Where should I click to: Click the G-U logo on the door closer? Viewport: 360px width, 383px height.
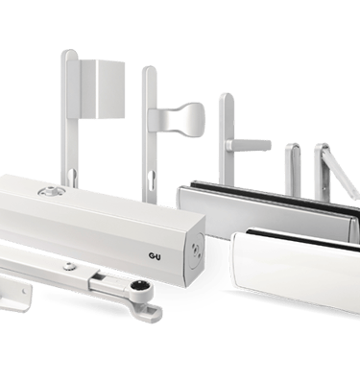pos(155,256)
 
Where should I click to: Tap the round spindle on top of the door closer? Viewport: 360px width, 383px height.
pos(52,191)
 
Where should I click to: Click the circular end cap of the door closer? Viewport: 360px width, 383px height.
pos(197,250)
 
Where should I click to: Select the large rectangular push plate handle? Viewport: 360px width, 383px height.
pos(102,88)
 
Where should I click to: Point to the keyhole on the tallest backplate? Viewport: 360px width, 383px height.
pos(72,177)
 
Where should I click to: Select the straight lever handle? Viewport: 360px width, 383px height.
pos(249,145)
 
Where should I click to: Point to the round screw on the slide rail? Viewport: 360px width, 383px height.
pos(69,265)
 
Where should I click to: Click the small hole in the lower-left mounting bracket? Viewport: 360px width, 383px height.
pos(24,291)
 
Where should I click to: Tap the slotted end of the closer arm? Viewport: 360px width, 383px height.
pos(151,310)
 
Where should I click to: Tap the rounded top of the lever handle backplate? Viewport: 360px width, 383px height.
pos(227,98)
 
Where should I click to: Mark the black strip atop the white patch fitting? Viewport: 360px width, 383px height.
pos(303,239)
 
